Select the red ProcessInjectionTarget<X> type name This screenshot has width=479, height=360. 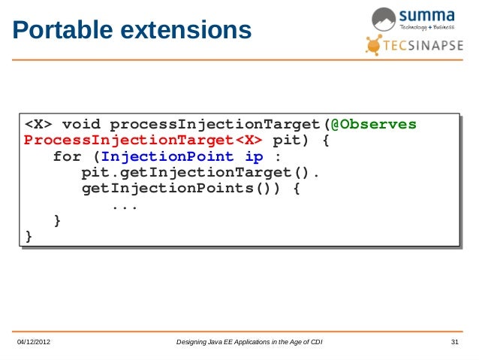(143, 140)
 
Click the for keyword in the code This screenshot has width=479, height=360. (67, 157)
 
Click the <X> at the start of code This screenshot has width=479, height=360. (38, 123)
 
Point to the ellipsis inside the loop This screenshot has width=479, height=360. (124, 204)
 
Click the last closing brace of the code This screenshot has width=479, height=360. (29, 236)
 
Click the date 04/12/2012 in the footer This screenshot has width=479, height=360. (39, 343)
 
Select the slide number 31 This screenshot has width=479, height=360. (453, 343)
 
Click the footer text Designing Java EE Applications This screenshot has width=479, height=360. (249, 343)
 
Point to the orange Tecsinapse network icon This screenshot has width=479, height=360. (375, 44)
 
